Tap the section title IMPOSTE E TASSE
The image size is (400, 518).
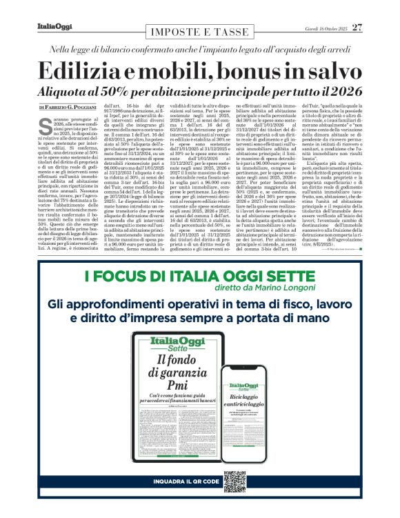(199, 32)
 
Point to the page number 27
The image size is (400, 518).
(357, 28)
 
